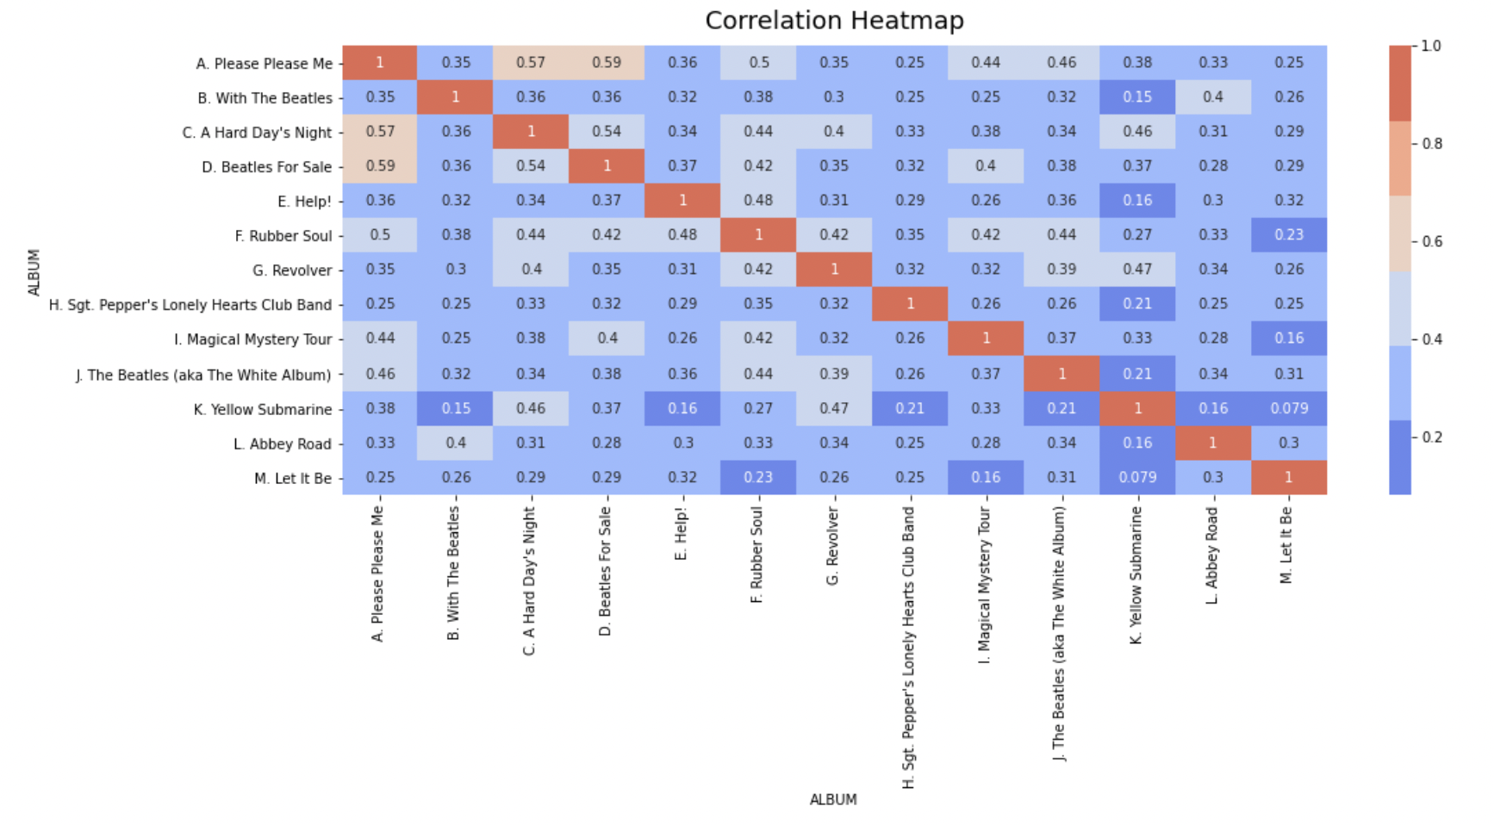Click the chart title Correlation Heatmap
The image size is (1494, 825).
pyautogui.click(x=833, y=21)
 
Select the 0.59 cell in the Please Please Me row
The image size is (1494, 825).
pyautogui.click(x=607, y=63)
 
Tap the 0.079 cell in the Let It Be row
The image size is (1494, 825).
pyautogui.click(x=1137, y=477)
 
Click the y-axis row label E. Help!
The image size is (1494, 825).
pyautogui.click(x=304, y=202)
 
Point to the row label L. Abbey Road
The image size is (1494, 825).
pyautogui.click(x=282, y=444)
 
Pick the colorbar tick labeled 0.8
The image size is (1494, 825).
pyautogui.click(x=1431, y=144)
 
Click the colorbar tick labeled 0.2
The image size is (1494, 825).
pyautogui.click(x=1431, y=437)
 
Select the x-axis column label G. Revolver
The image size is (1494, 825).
pyautogui.click(x=832, y=546)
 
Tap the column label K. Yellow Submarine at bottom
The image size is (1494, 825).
pyautogui.click(x=1136, y=574)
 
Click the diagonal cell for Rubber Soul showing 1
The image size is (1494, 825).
pyautogui.click(x=758, y=235)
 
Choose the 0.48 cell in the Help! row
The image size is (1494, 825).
pyautogui.click(x=758, y=201)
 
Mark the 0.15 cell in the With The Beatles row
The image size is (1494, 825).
pyautogui.click(x=1137, y=97)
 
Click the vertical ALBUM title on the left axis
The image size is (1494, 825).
pyautogui.click(x=34, y=272)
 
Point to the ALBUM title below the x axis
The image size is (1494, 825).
pyautogui.click(x=832, y=799)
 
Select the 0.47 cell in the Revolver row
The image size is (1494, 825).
pyautogui.click(x=1137, y=270)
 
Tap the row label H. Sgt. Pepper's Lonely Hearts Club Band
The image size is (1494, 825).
pyautogui.click(x=190, y=305)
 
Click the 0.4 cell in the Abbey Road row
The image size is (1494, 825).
pyautogui.click(x=456, y=443)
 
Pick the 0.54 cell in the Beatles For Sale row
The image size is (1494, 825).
pyautogui.click(x=531, y=166)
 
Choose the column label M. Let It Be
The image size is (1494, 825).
pyautogui.click(x=1287, y=545)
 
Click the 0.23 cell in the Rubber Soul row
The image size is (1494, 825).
pyautogui.click(x=1289, y=235)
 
